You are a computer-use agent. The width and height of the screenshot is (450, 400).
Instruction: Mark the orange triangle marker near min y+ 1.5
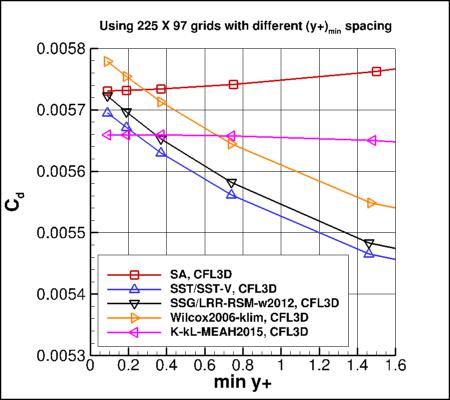tap(372, 203)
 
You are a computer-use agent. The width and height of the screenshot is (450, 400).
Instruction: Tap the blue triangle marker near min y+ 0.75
tap(232, 194)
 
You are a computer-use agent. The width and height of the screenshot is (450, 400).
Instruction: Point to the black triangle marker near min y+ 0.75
tap(232, 183)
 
